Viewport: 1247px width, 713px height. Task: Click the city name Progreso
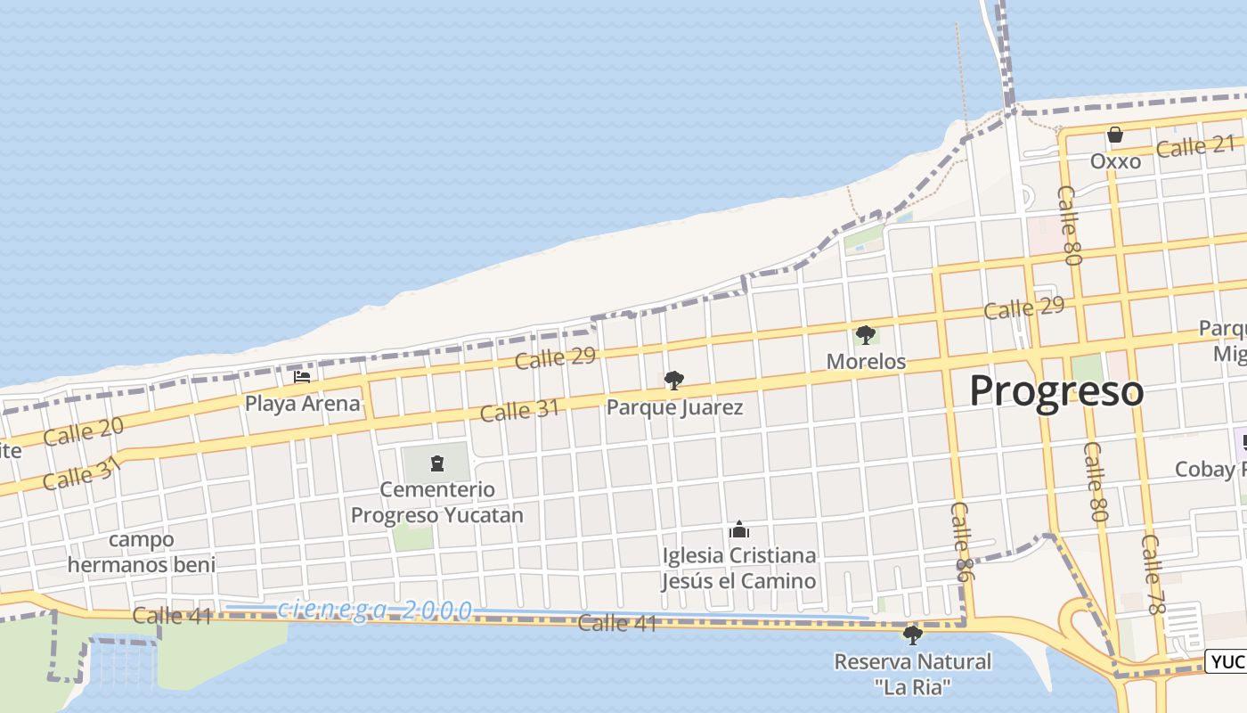coord(1055,391)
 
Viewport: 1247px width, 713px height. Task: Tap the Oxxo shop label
coord(1115,161)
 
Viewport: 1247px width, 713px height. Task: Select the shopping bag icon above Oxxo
coord(1114,135)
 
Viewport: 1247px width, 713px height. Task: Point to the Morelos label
coord(866,361)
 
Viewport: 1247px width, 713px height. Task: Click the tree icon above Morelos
coord(865,335)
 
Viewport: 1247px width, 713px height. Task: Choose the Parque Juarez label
coord(674,407)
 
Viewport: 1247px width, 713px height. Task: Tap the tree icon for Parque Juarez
coord(674,381)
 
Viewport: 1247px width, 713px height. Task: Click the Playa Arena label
coord(303,403)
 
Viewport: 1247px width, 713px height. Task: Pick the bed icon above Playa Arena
coord(302,376)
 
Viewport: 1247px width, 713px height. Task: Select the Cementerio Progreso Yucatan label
coord(436,503)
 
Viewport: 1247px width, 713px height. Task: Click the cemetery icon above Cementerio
coord(436,463)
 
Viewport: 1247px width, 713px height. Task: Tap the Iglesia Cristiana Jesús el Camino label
coord(738,568)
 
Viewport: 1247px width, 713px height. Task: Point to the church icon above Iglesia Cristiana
coord(738,530)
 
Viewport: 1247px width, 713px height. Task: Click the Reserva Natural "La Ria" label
coord(912,674)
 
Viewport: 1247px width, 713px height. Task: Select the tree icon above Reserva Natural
coord(912,635)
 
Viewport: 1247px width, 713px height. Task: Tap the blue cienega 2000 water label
coord(375,610)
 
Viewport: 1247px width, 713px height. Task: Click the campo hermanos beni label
coord(142,552)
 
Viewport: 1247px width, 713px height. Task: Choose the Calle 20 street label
coord(83,432)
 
